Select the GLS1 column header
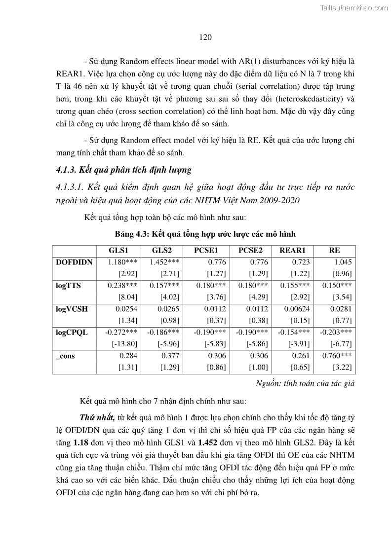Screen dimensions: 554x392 pos(118,250)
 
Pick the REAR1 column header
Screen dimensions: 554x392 pos(293,250)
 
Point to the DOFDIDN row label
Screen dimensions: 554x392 pos(74,262)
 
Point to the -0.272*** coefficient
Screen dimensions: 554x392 pos(121,332)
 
